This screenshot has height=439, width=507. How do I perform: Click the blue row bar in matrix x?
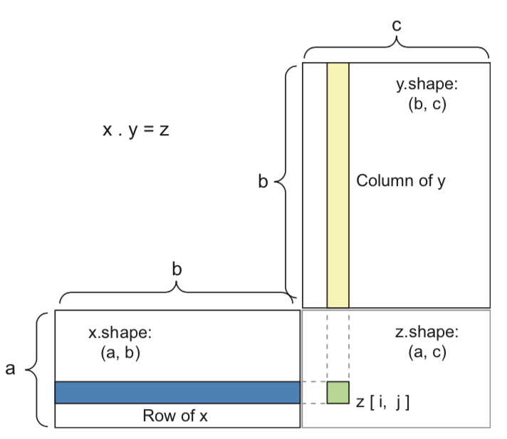(177, 393)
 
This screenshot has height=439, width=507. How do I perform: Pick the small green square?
(338, 393)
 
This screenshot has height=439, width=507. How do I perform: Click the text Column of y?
(401, 180)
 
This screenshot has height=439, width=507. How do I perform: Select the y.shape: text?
(427, 85)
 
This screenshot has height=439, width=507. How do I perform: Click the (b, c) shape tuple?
(427, 105)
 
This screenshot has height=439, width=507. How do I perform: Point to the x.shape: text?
(120, 332)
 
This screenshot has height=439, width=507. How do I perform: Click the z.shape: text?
(427, 332)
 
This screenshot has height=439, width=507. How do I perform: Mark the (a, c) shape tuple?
(427, 352)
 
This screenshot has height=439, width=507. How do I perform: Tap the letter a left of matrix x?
(10, 370)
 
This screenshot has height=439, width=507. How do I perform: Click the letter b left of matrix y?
(263, 183)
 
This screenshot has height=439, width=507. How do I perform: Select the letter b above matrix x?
(177, 269)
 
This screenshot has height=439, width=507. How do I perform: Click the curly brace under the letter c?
(397, 48)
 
